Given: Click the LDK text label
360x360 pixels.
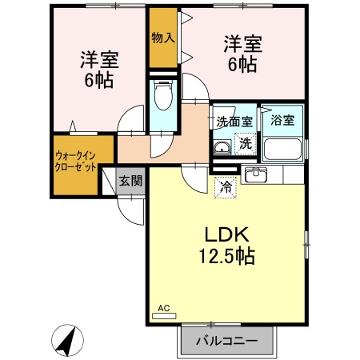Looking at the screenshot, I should [228, 234].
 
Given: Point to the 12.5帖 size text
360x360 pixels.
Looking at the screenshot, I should [228, 257].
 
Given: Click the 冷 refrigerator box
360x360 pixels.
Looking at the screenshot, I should [225, 188].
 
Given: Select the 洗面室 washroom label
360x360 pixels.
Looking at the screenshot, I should [234, 122].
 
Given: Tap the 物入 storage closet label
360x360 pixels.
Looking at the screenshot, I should [162, 38].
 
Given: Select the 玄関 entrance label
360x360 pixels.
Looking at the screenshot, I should [130, 181].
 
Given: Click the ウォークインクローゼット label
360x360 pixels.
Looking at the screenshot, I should [76, 162].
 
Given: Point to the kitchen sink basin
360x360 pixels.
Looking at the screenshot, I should [257, 175].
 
